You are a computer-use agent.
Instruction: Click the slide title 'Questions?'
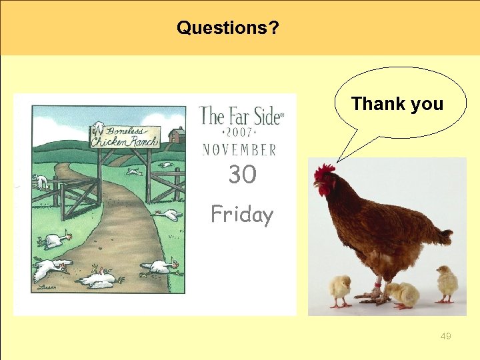228,28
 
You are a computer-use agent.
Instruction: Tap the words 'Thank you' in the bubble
397,104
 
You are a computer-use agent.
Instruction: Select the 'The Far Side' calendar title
241,117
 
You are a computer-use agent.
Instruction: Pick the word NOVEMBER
239,149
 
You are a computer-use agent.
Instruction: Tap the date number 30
242,175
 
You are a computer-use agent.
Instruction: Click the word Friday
242,215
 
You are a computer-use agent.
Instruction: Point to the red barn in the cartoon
177,135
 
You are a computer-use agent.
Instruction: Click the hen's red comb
324,172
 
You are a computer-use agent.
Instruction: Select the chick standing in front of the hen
340,289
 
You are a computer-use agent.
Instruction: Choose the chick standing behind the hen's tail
446,283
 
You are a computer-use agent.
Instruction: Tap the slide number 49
446,336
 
